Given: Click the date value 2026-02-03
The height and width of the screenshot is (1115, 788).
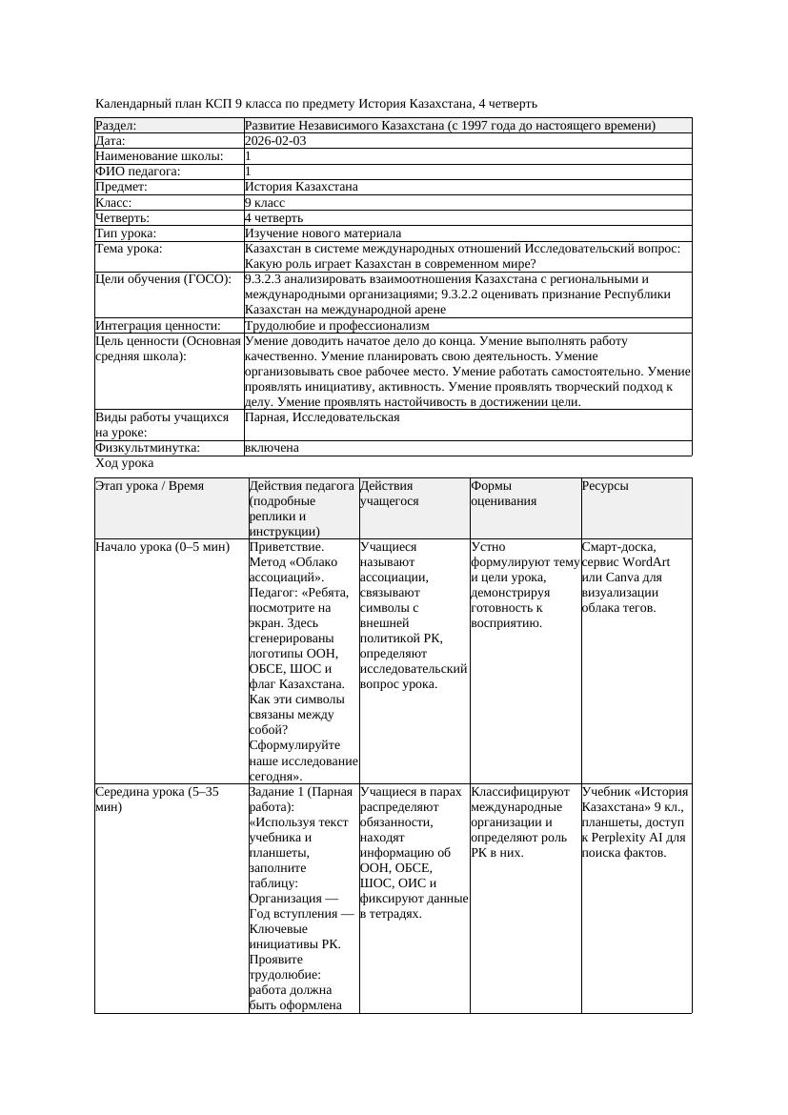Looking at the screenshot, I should tap(275, 140).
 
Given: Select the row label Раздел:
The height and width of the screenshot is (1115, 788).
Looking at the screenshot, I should tap(115, 125).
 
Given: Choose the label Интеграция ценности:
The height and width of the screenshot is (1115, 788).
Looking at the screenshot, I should tap(157, 325).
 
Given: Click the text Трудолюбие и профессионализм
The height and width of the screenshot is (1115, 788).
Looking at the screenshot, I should tap(336, 325).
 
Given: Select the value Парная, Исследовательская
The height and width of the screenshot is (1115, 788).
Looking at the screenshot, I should tap(322, 417).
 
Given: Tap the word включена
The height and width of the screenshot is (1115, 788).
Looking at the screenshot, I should tap(272, 447).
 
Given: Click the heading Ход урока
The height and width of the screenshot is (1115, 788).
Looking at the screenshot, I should tap(125, 462).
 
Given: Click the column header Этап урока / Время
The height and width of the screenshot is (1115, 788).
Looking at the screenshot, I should tap(150, 485).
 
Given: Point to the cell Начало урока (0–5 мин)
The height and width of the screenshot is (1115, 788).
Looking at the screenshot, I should tap(162, 547).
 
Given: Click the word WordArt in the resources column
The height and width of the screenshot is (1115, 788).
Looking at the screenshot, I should tap(648, 562).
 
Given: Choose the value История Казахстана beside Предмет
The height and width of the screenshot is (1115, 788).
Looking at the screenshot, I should tap(301, 187).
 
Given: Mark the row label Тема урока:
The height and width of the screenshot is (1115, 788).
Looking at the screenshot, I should tap(129, 248).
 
